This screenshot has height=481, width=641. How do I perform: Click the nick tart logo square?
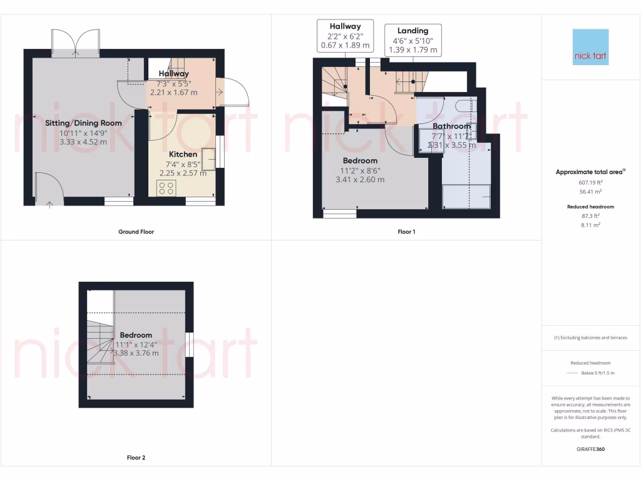(x=590, y=47)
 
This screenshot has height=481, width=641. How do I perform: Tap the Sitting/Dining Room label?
(x=83, y=123)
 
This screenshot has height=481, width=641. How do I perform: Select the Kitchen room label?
(x=183, y=154)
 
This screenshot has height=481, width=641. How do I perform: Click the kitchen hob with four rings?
(x=167, y=188)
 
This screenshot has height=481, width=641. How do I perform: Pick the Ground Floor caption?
(x=136, y=232)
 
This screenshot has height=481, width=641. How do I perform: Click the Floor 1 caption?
(x=406, y=232)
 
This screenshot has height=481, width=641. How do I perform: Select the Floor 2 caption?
(x=136, y=458)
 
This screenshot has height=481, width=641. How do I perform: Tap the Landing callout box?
(x=413, y=40)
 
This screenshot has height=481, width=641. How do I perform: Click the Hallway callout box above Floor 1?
(x=345, y=35)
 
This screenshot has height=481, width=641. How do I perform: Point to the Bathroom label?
(x=451, y=127)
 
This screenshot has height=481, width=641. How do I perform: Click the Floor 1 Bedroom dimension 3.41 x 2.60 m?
(x=360, y=180)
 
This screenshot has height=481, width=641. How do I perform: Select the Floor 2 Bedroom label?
(x=136, y=335)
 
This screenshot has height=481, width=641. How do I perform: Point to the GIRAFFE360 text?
(x=590, y=449)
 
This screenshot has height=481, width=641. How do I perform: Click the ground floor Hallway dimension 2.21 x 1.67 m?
(x=173, y=92)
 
